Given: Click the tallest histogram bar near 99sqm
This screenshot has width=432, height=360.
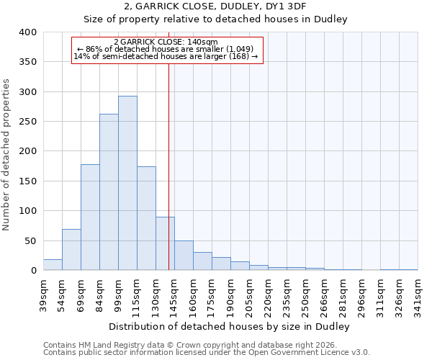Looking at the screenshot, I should point(127,183).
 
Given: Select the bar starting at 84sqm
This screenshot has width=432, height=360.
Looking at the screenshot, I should point(109,192).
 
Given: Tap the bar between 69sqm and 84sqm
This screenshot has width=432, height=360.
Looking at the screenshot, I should point(90,217).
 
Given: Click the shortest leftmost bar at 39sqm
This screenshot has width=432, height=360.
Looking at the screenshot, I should point(53,265).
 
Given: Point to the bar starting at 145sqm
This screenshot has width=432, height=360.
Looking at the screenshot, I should point(184,256).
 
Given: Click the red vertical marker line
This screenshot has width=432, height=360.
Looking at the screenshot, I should point(168,144).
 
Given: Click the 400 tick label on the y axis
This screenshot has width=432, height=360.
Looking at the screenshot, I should point(28,32).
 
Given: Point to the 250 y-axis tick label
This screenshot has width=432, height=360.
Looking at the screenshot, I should point(28,122).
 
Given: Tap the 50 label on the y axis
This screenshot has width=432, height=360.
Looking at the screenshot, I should point(31,240).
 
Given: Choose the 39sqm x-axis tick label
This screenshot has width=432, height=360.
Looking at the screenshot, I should point(43,294).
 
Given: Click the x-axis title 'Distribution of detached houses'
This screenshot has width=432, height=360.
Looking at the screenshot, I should point(230,327).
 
